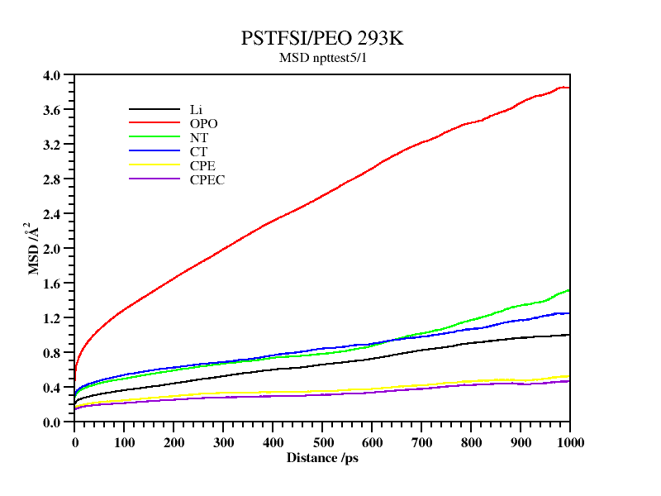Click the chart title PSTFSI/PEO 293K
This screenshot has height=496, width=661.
[x=322, y=39]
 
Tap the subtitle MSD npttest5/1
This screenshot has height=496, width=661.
[x=322, y=58]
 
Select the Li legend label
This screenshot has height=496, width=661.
[x=196, y=109]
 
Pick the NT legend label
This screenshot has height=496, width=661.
[x=198, y=137]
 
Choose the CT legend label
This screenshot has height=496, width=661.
[x=198, y=151]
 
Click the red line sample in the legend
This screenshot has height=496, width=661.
[x=154, y=123]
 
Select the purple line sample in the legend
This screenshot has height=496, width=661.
[x=154, y=179]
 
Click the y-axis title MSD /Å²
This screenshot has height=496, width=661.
[x=34, y=248]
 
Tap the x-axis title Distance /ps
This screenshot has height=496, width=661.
[x=322, y=457]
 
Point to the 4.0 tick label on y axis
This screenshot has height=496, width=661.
[x=51, y=75]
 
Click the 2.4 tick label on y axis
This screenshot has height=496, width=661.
[x=51, y=214]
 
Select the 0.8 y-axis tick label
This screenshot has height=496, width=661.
[x=51, y=353]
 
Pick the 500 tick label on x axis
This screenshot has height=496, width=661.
[x=322, y=442]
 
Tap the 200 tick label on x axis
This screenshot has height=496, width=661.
[x=174, y=442]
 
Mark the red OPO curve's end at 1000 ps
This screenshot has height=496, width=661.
[x=569, y=88]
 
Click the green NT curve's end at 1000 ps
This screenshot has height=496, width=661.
[x=569, y=290]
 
